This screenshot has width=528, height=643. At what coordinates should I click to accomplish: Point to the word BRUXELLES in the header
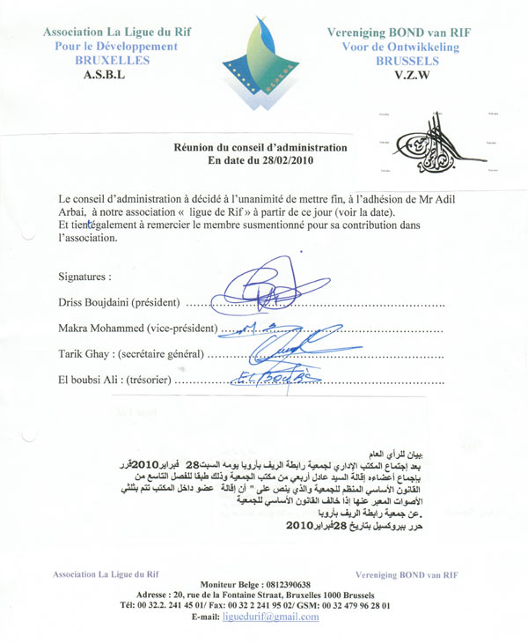(112, 60)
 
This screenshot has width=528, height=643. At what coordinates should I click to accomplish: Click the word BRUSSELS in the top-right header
(407, 61)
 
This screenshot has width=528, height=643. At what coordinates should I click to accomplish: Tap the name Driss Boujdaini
(97, 302)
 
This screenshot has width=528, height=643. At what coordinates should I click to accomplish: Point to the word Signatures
(84, 276)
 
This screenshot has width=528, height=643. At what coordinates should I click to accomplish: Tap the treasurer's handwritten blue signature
(264, 380)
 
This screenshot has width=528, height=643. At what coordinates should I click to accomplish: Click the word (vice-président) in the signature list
(180, 329)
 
